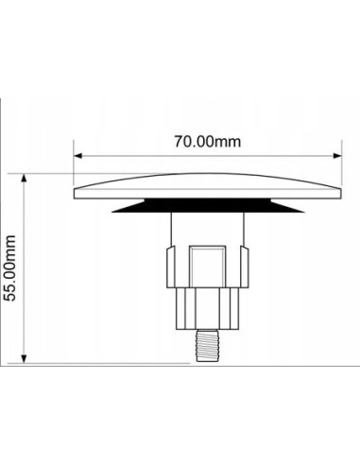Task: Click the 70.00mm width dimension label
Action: [x=208, y=141]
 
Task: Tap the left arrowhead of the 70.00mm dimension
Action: [x=77, y=156]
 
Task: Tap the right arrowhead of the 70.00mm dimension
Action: [x=337, y=156]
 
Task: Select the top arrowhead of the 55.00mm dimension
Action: [x=24, y=178]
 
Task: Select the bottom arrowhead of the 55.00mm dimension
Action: [x=24, y=359]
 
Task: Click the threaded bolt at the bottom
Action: [x=208, y=345]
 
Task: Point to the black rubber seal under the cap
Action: [x=208, y=205]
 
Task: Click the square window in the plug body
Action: [x=208, y=267]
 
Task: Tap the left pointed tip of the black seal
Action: [x=112, y=212]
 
